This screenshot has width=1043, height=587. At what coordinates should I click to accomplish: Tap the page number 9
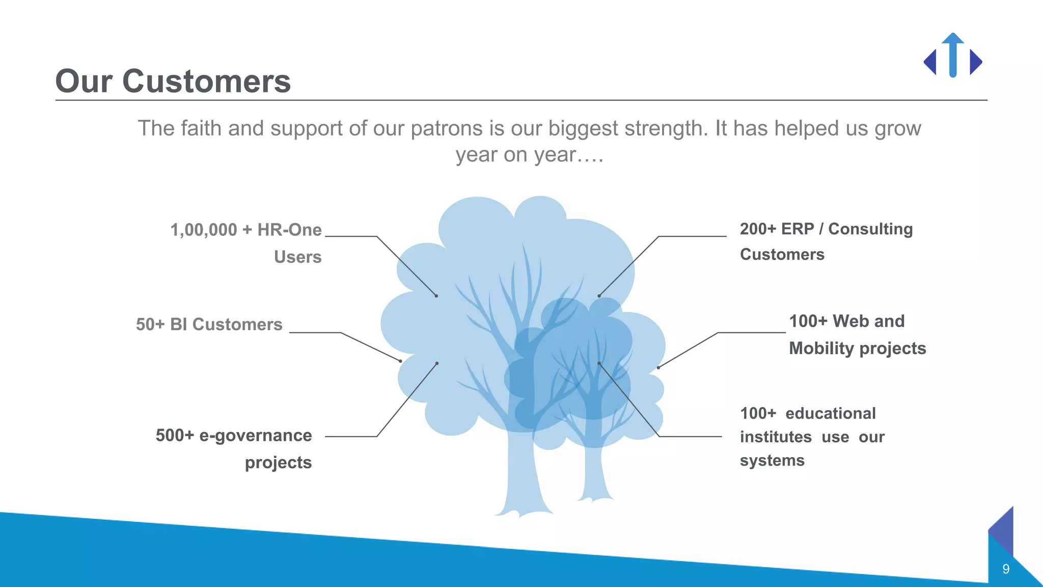[x=1005, y=569]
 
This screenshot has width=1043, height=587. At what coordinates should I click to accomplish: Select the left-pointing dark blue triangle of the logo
[x=930, y=62]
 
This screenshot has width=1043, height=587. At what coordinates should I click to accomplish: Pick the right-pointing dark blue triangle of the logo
[x=975, y=62]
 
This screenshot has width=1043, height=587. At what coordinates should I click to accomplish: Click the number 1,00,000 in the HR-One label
[x=204, y=230]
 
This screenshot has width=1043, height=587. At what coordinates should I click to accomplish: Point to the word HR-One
[x=289, y=230]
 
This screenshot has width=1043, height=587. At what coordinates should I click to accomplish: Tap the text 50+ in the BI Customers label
[x=150, y=325]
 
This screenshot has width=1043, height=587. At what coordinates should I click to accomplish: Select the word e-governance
[x=255, y=436]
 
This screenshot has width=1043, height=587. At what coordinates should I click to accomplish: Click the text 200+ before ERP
[x=758, y=229]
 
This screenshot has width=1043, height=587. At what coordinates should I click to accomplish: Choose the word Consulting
[x=870, y=229]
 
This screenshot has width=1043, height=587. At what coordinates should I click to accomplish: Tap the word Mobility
[x=821, y=349]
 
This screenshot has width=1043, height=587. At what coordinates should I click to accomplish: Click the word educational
[x=830, y=413]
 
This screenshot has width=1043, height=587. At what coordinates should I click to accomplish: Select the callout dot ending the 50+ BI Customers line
[x=401, y=361]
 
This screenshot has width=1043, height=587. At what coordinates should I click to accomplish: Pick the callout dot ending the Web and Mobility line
[x=658, y=367]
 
